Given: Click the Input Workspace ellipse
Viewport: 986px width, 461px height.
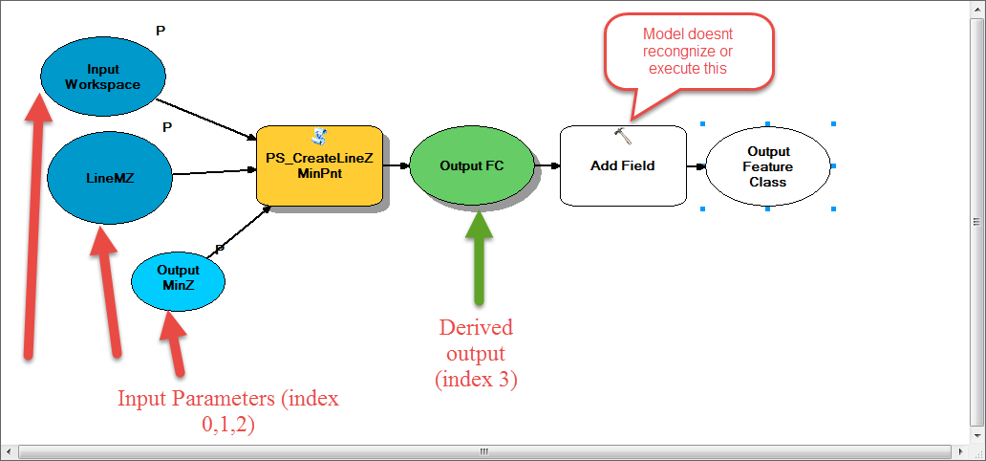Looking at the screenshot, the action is point(103,77).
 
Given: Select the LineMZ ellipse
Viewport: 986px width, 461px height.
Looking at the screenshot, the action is point(110,178).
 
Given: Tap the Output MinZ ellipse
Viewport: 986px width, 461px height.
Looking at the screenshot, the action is point(178,278).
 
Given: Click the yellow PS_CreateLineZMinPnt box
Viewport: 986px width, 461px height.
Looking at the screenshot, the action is point(319,165).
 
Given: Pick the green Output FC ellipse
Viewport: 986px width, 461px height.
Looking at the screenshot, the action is point(472,165).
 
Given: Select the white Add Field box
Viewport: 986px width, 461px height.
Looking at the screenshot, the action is point(623,165).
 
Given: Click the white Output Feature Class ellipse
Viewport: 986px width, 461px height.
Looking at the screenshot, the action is point(768,166).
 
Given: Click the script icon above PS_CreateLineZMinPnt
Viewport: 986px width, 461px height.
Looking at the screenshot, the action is point(319,136).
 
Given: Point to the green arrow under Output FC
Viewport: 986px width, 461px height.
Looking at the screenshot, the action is point(479,257).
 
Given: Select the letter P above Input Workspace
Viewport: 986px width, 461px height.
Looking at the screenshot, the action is point(161,31).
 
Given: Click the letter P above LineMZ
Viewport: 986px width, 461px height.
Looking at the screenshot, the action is point(167,127).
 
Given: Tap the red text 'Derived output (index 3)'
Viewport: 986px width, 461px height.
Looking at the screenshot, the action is point(476,353).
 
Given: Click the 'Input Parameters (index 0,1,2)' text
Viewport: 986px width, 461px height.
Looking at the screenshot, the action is point(228,411).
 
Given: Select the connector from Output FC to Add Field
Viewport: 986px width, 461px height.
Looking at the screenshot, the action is point(547,166).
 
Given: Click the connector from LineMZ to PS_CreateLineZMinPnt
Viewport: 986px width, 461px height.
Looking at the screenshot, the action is point(214,172).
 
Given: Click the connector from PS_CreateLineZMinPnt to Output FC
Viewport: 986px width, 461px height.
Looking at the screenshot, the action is point(397,165).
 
